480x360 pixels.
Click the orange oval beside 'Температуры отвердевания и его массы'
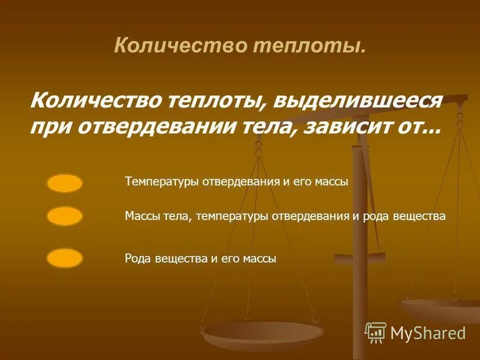[x=64, y=183]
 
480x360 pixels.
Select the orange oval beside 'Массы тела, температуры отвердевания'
[x=64, y=216]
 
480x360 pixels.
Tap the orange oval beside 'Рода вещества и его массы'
[x=64, y=258]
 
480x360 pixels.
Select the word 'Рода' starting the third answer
[x=139, y=259]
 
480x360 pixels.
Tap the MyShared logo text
[x=428, y=332]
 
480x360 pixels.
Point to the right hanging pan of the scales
[x=441, y=307]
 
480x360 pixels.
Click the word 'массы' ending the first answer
[x=330, y=182]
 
